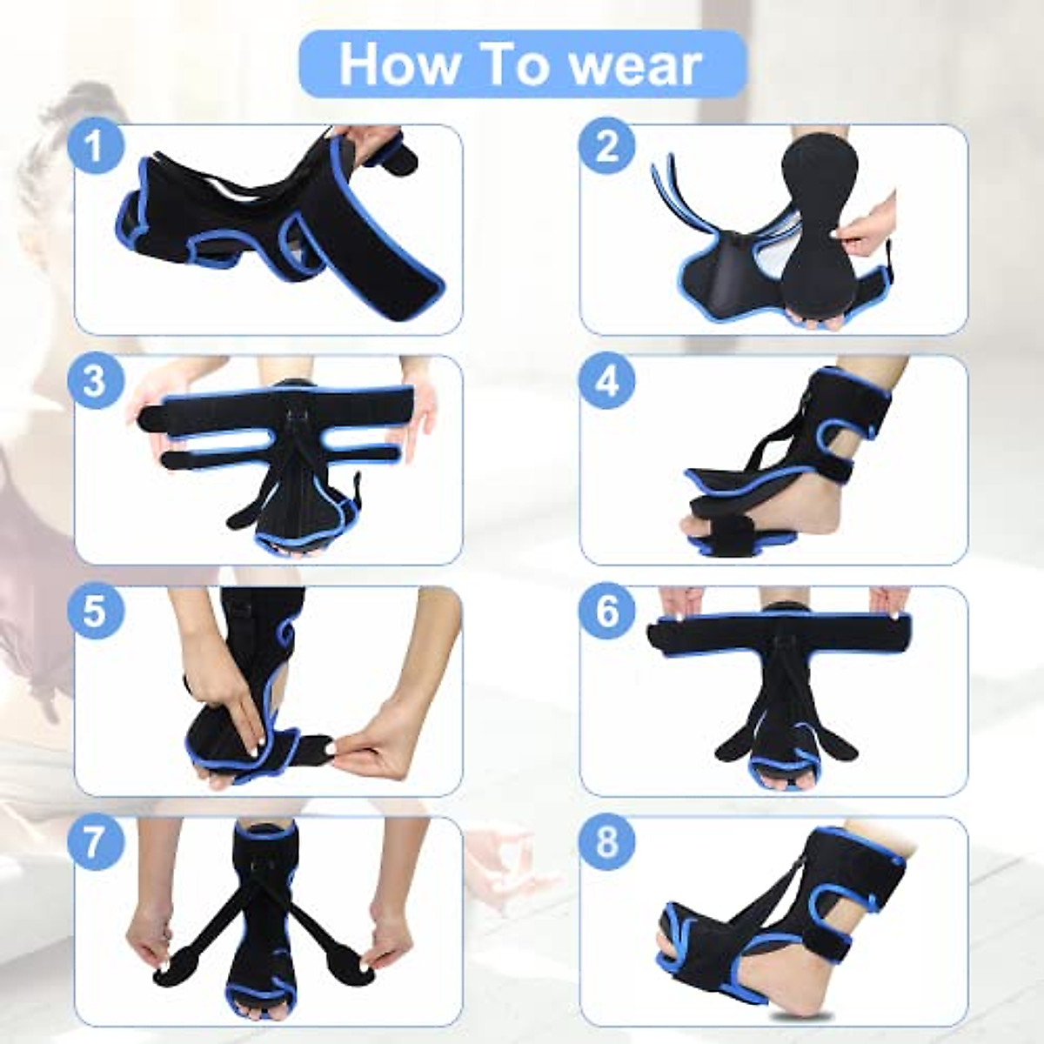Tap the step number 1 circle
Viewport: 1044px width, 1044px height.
click(x=95, y=145)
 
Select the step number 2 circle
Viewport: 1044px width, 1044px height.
click(x=606, y=145)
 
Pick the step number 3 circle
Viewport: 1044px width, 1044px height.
click(x=95, y=379)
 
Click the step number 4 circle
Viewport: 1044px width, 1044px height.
click(x=606, y=379)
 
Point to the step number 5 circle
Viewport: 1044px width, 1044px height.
click(x=95, y=611)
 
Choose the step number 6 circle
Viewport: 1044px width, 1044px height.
click(x=606, y=611)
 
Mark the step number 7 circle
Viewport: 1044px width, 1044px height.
click(x=95, y=842)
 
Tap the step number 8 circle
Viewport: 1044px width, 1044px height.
click(x=606, y=842)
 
